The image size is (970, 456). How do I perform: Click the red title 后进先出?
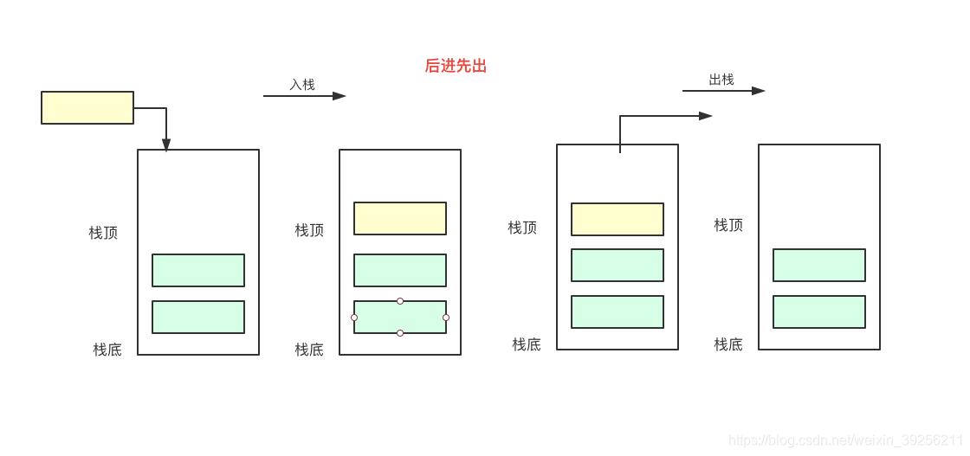point(456,66)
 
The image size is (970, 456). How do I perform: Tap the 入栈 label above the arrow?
point(302,85)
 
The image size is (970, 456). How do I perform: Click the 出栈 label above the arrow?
point(721,80)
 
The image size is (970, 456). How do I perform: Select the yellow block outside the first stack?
point(87,107)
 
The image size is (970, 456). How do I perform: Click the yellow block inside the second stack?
point(400,218)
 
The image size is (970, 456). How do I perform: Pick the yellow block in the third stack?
point(618,219)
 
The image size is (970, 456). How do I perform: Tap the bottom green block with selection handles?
point(400,317)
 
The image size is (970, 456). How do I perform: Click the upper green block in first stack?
point(198,270)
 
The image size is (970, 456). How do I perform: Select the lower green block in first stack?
point(198,317)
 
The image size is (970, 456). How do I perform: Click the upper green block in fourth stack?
point(819,265)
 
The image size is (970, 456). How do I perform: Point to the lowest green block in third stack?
point(618,311)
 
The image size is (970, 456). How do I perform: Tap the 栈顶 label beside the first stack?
point(103,233)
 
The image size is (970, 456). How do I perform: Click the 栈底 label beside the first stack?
point(107,350)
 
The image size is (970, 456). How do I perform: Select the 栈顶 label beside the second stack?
point(309,230)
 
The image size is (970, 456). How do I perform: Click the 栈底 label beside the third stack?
point(527,344)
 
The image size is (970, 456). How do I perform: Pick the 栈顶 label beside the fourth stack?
point(728,225)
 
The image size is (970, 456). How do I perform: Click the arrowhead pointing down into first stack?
point(166,145)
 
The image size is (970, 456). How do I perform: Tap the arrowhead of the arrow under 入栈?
point(339,96)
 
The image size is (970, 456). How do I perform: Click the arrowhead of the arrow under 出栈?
point(758,91)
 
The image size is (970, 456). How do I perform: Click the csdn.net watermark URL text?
point(845,440)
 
